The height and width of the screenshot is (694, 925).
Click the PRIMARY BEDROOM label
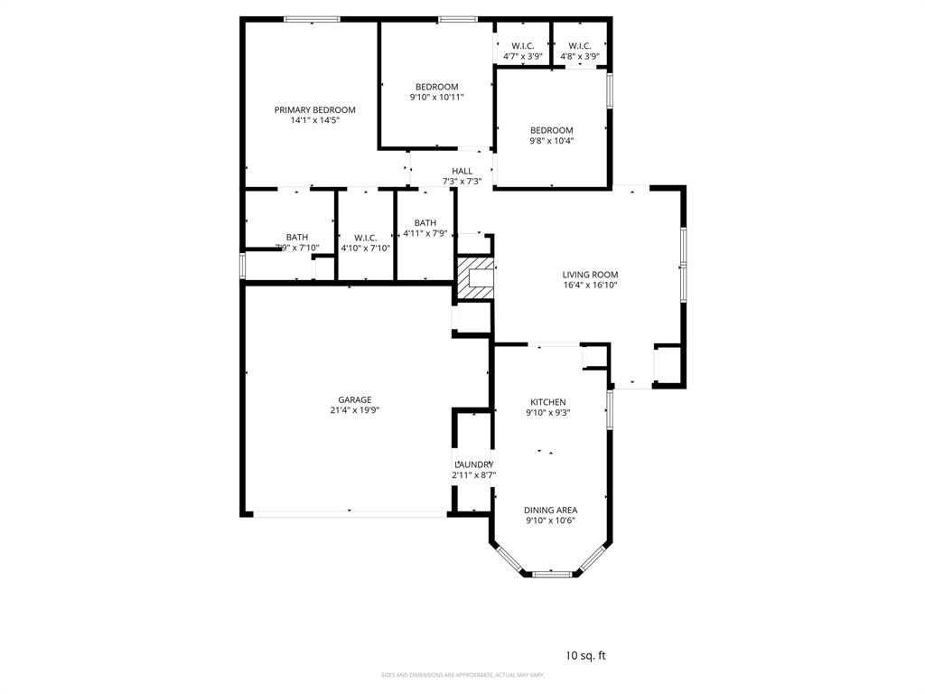[x=314, y=109]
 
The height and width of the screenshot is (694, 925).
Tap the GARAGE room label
[x=355, y=399]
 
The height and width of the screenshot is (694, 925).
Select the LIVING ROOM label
[x=590, y=275]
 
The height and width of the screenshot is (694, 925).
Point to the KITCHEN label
[x=547, y=402]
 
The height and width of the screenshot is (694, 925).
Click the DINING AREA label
[x=551, y=510]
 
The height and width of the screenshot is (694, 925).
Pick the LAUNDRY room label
[x=473, y=464]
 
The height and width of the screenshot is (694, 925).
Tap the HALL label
[x=462, y=171]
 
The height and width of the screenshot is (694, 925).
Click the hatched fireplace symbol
[x=475, y=277]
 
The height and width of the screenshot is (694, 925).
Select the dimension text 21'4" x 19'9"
[x=355, y=409]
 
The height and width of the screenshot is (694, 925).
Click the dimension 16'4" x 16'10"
[x=590, y=286]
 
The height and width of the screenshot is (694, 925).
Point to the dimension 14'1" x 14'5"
[x=314, y=120]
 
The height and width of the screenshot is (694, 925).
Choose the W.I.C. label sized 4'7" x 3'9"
[x=523, y=46]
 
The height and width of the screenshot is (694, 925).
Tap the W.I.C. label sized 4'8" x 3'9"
[x=580, y=46]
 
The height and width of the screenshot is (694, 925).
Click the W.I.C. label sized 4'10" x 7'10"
[x=365, y=238]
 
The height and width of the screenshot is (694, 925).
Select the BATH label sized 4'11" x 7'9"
[x=425, y=223]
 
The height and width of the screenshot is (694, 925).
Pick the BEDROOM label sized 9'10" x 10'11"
[x=436, y=87]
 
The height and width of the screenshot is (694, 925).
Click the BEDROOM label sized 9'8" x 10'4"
[x=551, y=130]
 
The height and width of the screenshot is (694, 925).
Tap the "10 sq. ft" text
[x=585, y=656]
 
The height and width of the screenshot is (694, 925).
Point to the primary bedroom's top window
[x=312, y=19]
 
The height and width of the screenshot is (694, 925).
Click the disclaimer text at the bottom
[x=462, y=675]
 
